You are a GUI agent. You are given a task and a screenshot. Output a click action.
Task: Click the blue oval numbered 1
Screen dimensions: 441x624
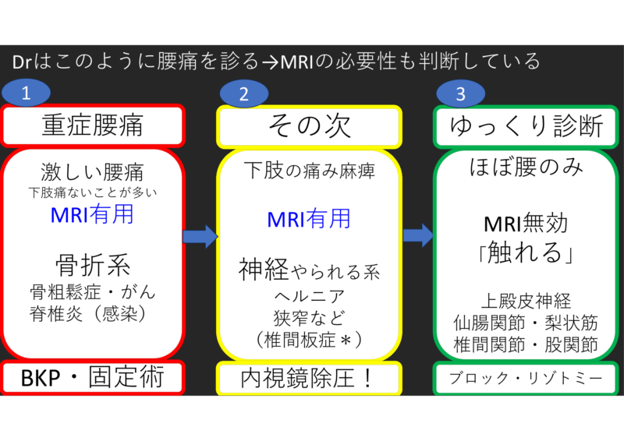(27, 94)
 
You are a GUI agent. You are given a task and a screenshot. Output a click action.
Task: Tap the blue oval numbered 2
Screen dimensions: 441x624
(244, 94)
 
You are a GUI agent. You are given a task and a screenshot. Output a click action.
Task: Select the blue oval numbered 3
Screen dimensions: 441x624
(461, 94)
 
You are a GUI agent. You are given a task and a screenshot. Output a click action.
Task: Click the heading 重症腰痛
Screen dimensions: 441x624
(92, 125)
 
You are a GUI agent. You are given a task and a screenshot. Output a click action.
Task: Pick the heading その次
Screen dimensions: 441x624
(310, 125)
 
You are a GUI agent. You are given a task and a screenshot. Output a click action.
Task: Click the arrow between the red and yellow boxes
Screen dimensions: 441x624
(200, 235)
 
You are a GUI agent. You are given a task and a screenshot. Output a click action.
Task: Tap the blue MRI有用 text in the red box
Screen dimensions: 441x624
(92, 214)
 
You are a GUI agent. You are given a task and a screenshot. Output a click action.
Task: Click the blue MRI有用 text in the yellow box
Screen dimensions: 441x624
(310, 219)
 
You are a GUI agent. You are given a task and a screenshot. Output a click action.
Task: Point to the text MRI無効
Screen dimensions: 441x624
(524, 224)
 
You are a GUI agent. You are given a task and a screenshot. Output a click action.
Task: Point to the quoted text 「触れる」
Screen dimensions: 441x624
(524, 255)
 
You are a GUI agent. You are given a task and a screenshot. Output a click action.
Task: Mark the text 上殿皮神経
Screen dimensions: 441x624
(524, 300)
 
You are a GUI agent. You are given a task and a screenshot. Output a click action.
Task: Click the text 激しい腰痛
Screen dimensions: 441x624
(92, 171)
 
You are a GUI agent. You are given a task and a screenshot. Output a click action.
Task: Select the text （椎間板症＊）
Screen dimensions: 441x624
(310, 340)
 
